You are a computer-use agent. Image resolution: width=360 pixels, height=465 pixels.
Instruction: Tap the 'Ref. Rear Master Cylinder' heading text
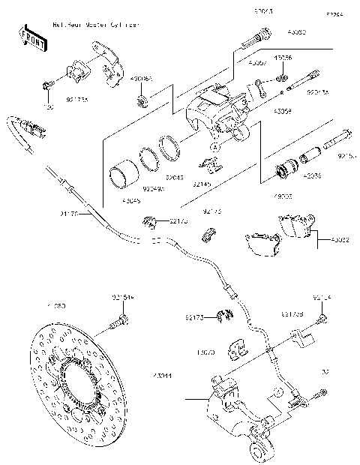tap(95, 25)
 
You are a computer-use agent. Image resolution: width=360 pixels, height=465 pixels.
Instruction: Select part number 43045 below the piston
tap(130, 200)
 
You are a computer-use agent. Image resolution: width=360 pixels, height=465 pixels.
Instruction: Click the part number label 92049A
tap(154, 190)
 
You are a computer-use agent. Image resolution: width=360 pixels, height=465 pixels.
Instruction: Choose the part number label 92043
tap(174, 178)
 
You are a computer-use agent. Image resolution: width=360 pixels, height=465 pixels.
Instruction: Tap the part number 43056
tap(283, 58)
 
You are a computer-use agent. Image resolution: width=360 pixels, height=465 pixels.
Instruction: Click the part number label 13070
tap(205, 351)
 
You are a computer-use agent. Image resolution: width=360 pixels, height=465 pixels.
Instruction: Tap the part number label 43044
tap(163, 374)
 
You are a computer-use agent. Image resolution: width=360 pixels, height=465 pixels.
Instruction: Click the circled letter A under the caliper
tap(214, 148)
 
